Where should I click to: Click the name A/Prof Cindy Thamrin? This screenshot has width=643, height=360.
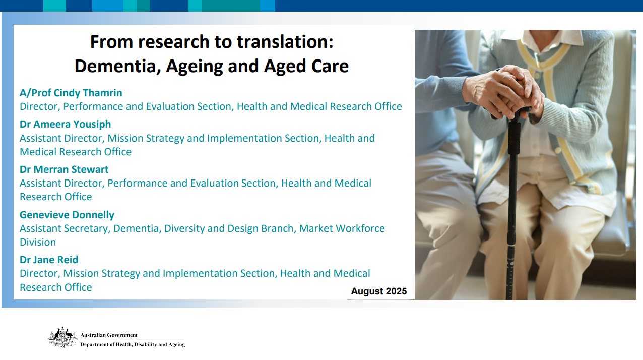[71, 93]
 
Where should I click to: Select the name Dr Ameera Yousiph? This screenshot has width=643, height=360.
[65, 124]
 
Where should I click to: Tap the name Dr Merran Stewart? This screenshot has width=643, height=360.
[64, 169]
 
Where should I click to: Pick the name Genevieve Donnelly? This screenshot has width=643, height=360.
[67, 215]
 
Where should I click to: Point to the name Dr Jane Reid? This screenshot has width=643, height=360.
[49, 260]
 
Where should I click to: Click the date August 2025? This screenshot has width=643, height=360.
[378, 291]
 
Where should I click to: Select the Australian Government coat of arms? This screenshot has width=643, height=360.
[62, 337]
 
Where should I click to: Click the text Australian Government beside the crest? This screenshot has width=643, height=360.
[109, 335]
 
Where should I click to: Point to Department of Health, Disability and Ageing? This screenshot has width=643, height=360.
[133, 344]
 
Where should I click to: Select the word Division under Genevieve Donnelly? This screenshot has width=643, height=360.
[38, 242]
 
